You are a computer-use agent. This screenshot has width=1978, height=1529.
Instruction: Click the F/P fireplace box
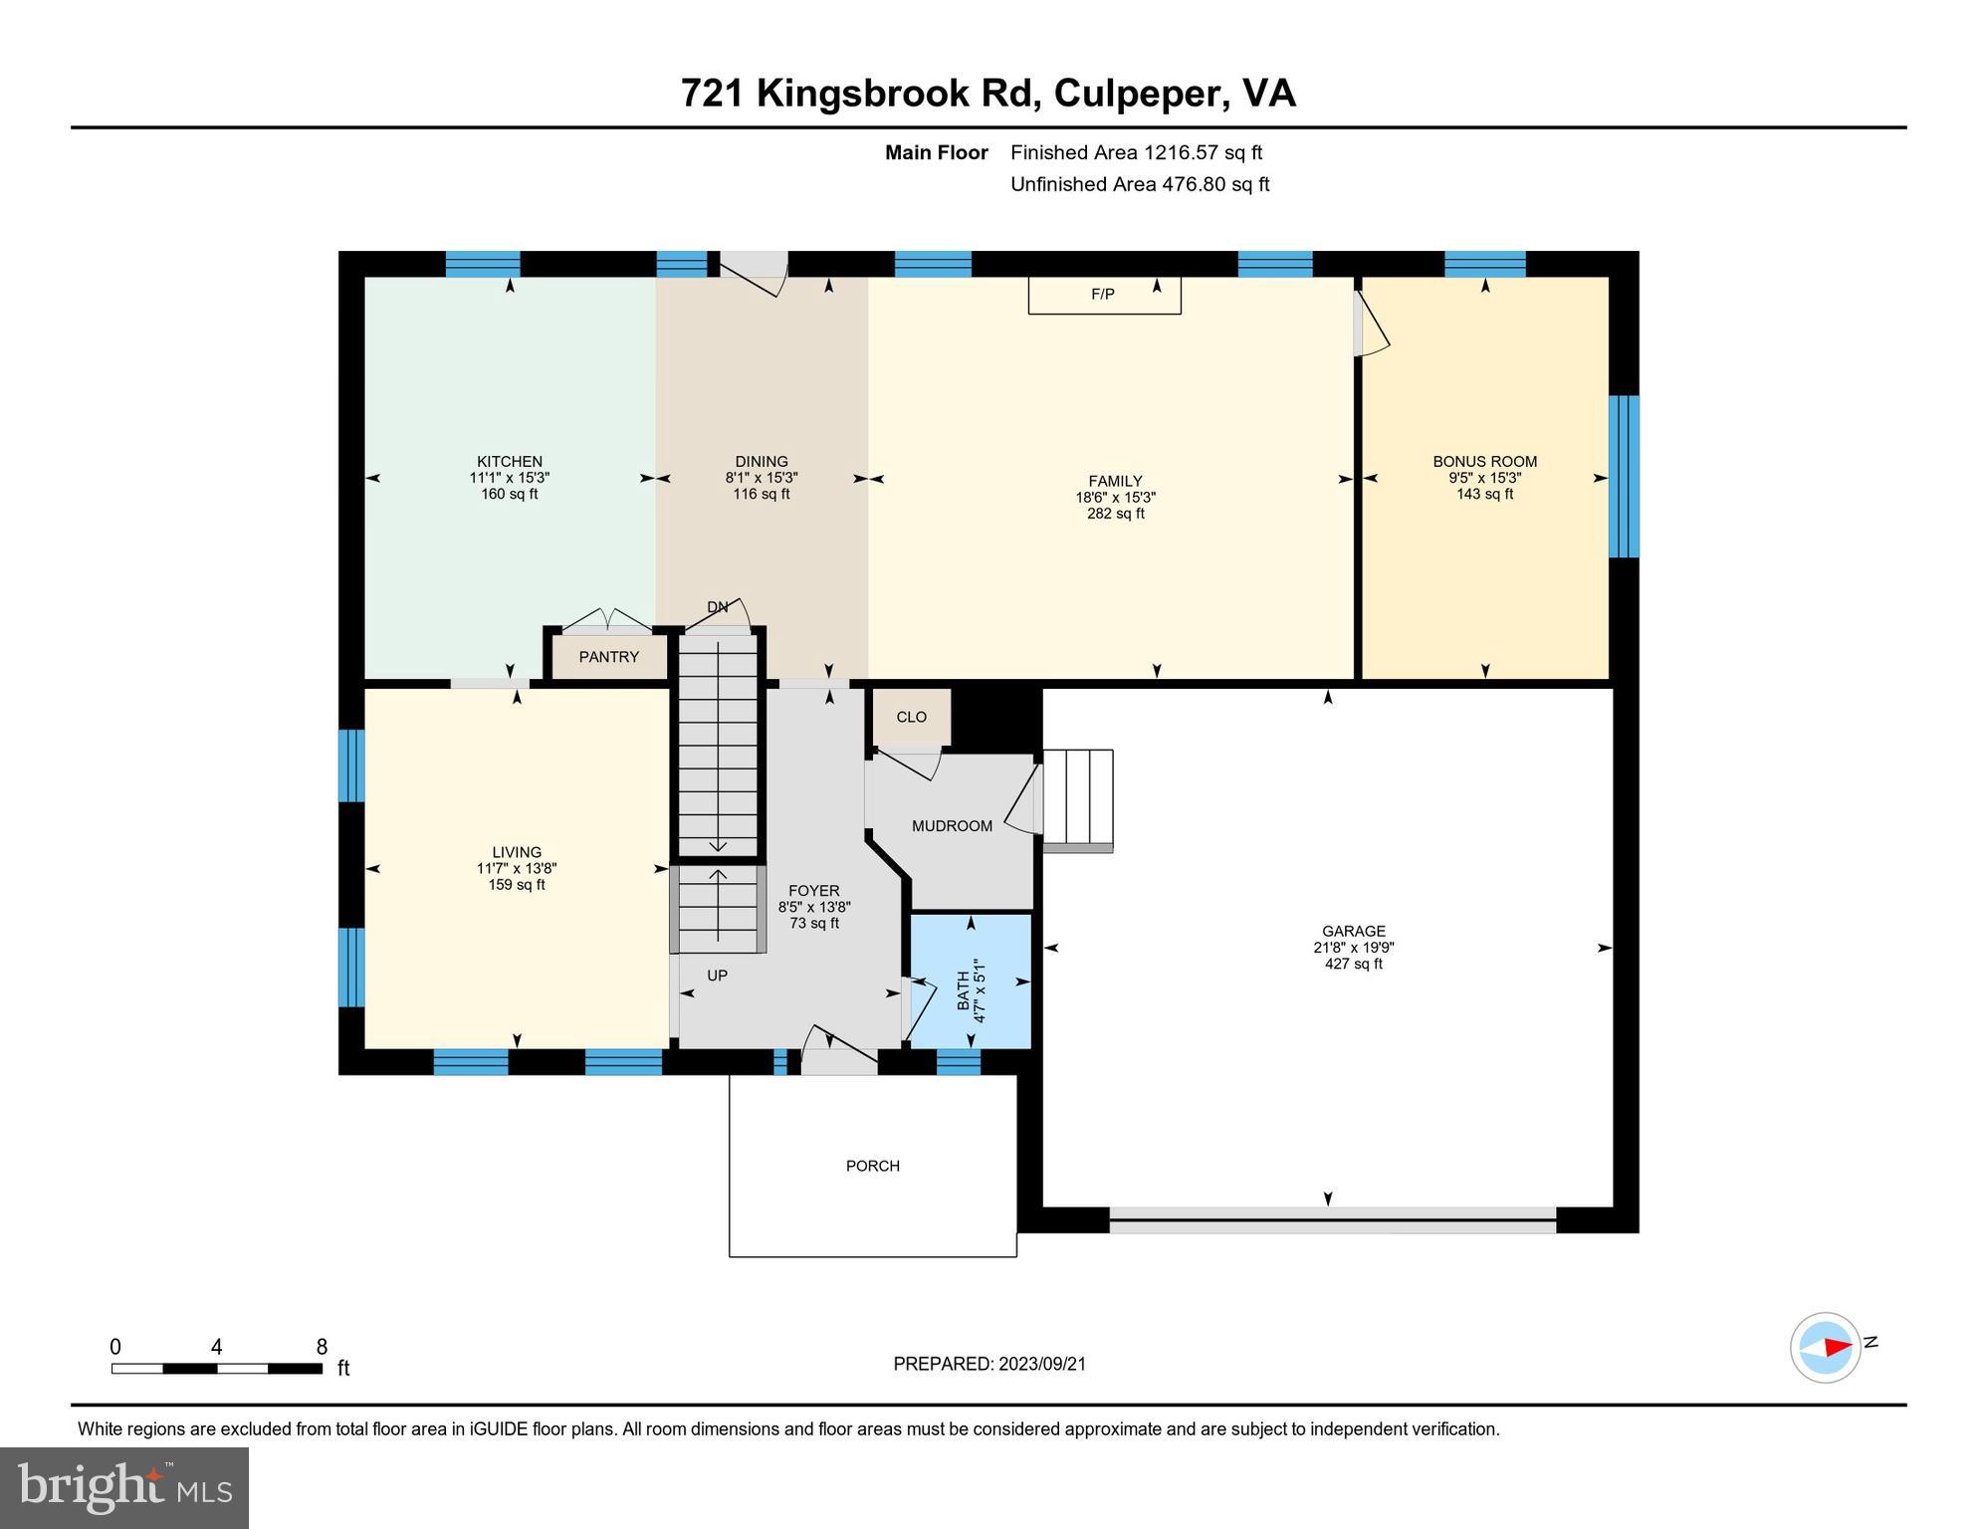click(x=1104, y=295)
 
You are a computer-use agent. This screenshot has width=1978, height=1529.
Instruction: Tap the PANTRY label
click(x=608, y=657)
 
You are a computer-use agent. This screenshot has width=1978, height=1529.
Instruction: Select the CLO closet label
click(x=911, y=717)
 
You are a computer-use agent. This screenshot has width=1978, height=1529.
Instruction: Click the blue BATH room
click(x=972, y=982)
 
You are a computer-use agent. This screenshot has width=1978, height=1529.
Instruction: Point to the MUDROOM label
click(x=952, y=826)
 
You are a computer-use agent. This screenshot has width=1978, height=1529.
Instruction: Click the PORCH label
click(x=872, y=1166)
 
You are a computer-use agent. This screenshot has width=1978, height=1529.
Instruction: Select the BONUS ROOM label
click(x=1484, y=462)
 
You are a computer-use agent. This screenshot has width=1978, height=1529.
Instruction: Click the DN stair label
click(x=717, y=607)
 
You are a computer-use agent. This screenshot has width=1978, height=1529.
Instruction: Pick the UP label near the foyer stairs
click(x=717, y=976)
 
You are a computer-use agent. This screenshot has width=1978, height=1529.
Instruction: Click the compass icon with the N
click(x=1826, y=1348)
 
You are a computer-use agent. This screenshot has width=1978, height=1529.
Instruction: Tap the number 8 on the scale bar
click(x=322, y=1348)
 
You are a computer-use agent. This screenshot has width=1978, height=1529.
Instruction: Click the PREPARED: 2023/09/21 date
click(x=989, y=1364)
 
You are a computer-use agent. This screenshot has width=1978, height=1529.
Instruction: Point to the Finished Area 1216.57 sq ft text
click(x=1136, y=152)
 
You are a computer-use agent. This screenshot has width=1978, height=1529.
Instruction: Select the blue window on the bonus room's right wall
click(x=1624, y=476)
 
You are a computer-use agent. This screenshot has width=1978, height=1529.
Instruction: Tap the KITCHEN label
click(x=509, y=462)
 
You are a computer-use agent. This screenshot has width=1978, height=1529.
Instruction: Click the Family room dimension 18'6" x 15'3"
click(x=1115, y=498)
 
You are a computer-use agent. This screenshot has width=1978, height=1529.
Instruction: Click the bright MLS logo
click(x=124, y=1487)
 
